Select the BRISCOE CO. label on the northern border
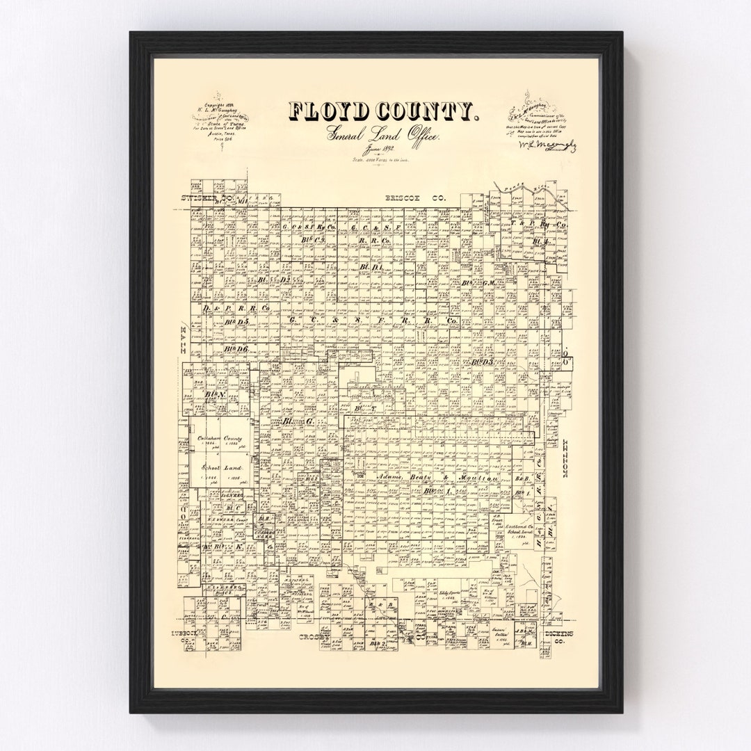(415, 199)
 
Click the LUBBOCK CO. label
(187, 636)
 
